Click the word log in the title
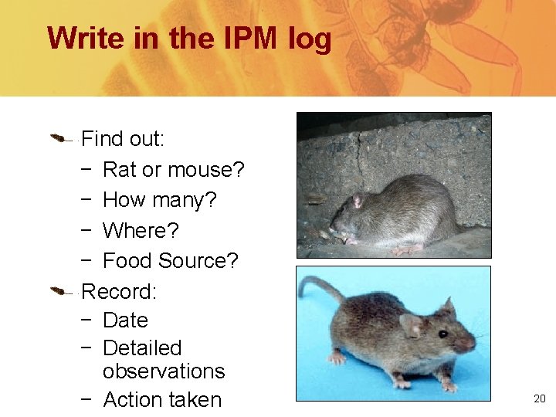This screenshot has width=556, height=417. click(308, 39)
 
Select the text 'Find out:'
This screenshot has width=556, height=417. click(122, 139)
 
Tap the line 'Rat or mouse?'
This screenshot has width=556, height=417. click(173, 169)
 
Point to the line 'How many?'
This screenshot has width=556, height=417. click(159, 200)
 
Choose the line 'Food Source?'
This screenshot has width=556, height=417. click(170, 261)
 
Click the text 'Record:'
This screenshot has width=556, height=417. click(119, 291)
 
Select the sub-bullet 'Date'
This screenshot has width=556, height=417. click(124, 320)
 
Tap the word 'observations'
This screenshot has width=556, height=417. click(163, 371)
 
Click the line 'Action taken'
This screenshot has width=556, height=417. click(161, 400)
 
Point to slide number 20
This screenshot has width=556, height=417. click(539, 398)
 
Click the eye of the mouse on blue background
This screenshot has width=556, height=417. click(443, 334)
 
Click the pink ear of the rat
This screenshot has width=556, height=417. click(357, 202)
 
